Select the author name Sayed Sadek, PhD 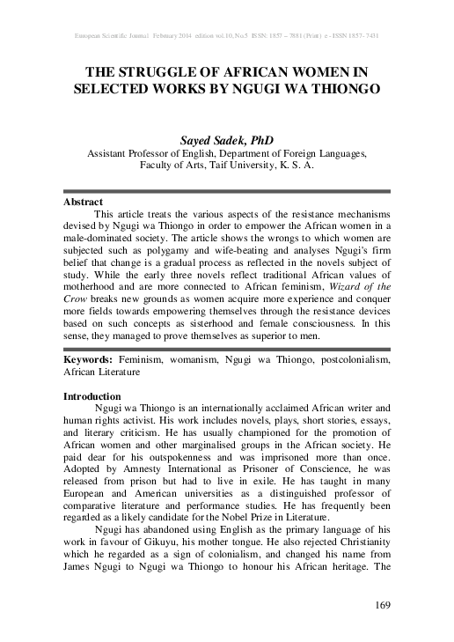tap(227, 139)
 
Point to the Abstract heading tap(84, 202)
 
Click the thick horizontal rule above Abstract tap(227, 191)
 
